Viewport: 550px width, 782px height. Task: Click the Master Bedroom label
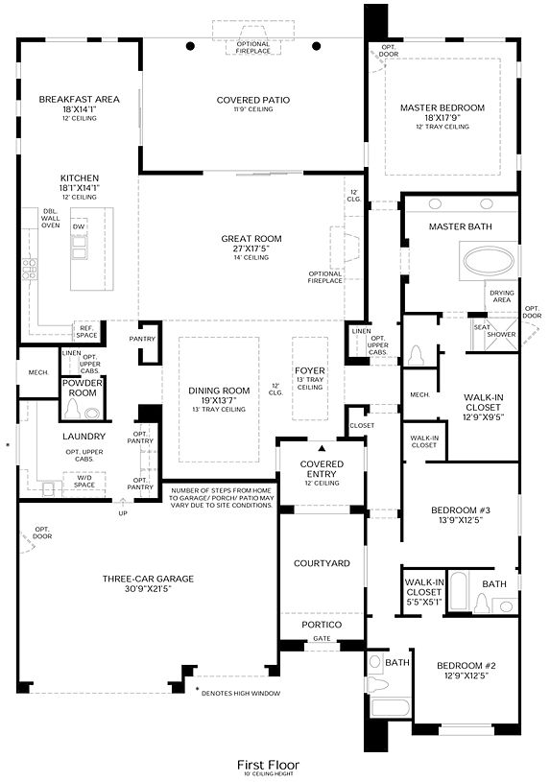442,107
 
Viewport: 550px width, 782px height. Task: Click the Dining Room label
218,391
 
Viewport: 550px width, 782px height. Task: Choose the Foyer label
310,369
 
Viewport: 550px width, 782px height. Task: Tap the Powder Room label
83,388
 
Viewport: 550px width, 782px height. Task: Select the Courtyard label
321,563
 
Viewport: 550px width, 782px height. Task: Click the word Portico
321,624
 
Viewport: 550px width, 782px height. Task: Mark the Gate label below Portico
321,637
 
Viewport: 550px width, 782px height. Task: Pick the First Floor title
269,764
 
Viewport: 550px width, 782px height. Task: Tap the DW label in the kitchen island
79,226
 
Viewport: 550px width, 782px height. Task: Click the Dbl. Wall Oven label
51,218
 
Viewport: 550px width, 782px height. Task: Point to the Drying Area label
501,295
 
